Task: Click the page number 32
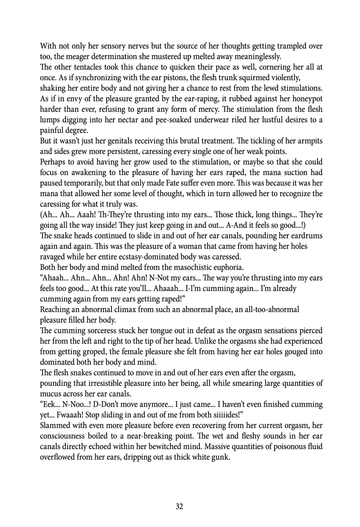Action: coord(179,506)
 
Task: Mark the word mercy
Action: coord(211,109)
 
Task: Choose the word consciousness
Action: coord(62,436)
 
